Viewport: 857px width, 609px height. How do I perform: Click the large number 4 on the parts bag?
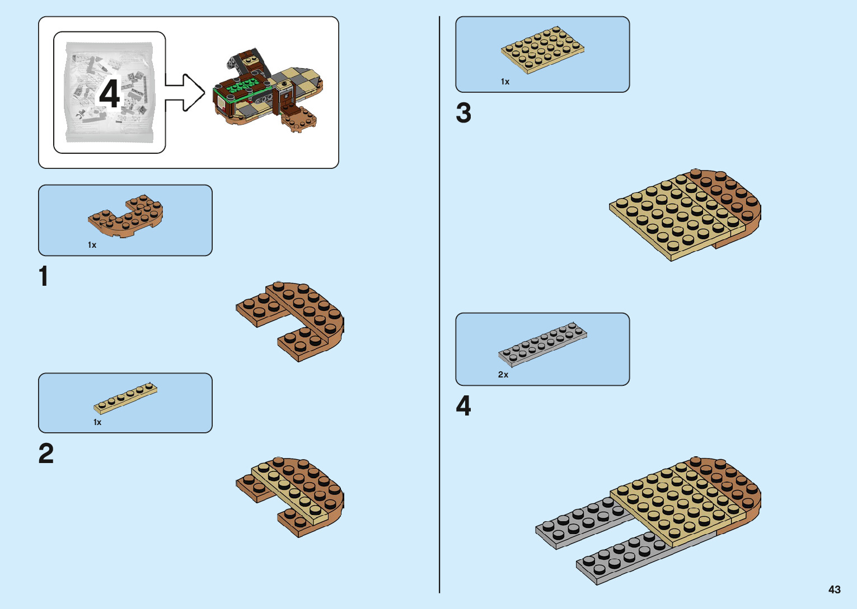tap(110, 93)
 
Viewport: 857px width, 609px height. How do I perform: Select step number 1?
tap(44, 277)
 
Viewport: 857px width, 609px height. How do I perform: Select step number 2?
tap(46, 454)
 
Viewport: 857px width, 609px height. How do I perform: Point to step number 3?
tap(463, 113)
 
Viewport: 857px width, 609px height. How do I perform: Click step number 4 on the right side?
tap(463, 406)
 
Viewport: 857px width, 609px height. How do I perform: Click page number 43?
tap(834, 589)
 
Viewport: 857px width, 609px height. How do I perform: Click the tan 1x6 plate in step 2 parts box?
tap(125, 398)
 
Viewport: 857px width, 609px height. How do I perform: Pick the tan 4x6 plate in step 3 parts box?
tap(542, 50)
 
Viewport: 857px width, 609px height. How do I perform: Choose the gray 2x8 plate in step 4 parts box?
tap(542, 344)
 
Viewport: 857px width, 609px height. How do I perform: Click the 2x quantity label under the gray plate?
tap(503, 375)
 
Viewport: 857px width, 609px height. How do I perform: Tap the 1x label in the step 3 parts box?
tap(505, 82)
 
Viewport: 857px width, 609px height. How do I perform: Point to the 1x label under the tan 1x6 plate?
tap(97, 422)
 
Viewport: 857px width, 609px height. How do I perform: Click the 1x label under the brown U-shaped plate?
tap(92, 245)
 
